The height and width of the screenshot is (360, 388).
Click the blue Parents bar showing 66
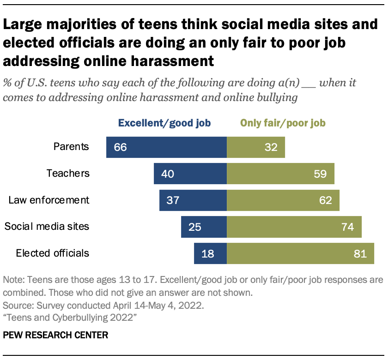tap(166, 147)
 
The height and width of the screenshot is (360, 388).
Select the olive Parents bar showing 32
tap(256, 147)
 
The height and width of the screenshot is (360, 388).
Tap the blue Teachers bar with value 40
tap(190, 174)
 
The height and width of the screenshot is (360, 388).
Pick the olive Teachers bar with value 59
tap(280, 174)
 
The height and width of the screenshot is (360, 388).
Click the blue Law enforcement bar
tap(193, 200)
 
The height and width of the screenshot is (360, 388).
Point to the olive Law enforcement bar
tap(283, 200)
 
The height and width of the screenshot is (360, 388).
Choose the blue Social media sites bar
tap(204, 227)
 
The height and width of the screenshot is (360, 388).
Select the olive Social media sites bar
tap(294, 227)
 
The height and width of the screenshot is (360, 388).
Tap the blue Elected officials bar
tap(211, 253)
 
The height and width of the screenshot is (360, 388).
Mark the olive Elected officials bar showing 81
tap(300, 253)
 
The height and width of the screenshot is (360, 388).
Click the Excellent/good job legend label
tap(164, 123)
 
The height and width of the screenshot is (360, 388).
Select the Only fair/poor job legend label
tap(283, 123)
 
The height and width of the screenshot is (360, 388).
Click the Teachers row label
tap(68, 174)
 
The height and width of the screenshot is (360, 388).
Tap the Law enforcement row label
tap(49, 200)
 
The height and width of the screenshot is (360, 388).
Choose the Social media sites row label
tap(47, 227)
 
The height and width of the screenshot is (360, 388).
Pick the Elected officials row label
tap(52, 253)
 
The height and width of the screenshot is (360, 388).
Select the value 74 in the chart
tap(347, 227)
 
